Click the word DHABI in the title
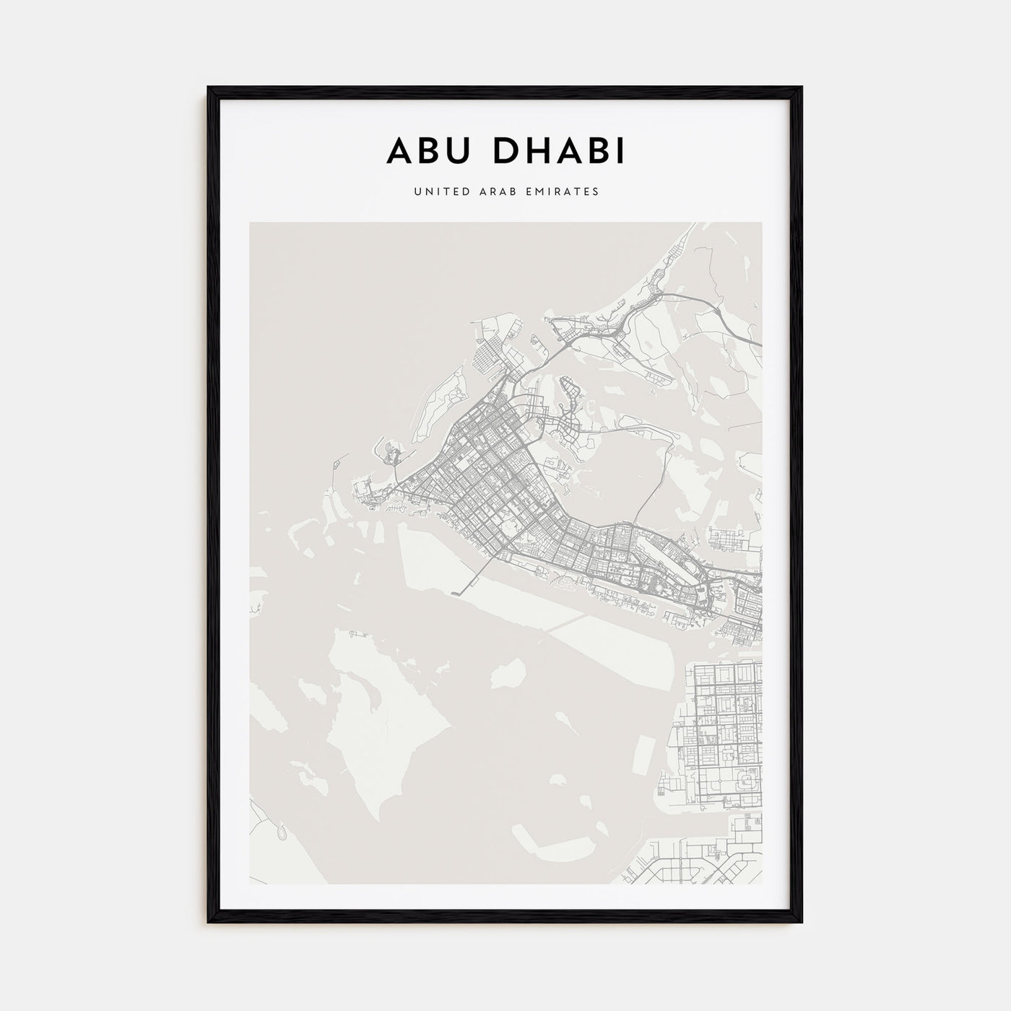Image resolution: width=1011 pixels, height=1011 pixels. tap(554, 152)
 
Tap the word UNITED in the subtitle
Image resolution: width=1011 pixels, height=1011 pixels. tap(434, 192)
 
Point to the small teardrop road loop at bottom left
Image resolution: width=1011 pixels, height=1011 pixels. tap(278, 833)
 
